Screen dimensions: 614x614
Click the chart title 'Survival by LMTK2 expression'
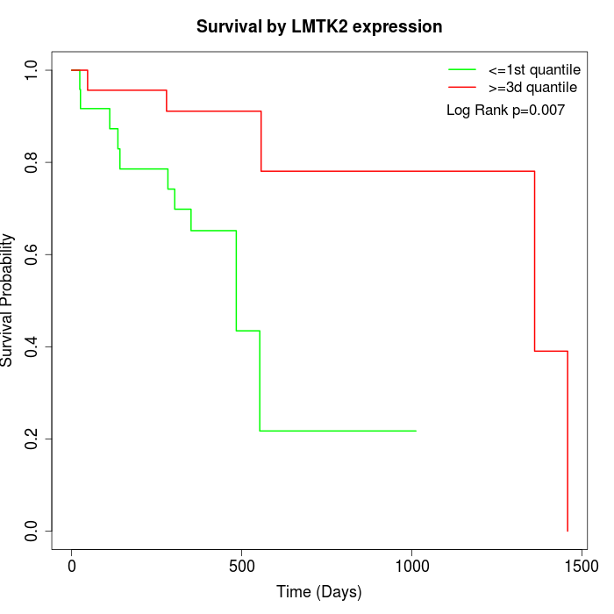(318, 26)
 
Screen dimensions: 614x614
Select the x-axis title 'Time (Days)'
(318, 592)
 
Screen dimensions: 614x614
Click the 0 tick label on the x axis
(72, 568)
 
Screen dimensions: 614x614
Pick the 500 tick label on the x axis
(241, 568)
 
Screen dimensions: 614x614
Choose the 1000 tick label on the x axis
(411, 568)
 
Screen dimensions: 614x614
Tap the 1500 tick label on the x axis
(580, 568)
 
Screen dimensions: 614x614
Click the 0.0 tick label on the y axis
(32, 531)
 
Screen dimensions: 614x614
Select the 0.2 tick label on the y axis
(32, 439)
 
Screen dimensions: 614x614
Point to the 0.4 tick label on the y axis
(32, 346)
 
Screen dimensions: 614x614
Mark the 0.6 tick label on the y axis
(32, 254)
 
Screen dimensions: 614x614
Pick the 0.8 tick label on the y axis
(32, 162)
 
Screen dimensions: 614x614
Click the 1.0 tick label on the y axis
(32, 70)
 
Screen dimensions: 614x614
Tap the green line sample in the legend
(462, 69)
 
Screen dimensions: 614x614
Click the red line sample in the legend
(462, 87)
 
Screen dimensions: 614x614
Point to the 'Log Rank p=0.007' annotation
(505, 111)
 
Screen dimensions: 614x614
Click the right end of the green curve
(415, 431)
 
